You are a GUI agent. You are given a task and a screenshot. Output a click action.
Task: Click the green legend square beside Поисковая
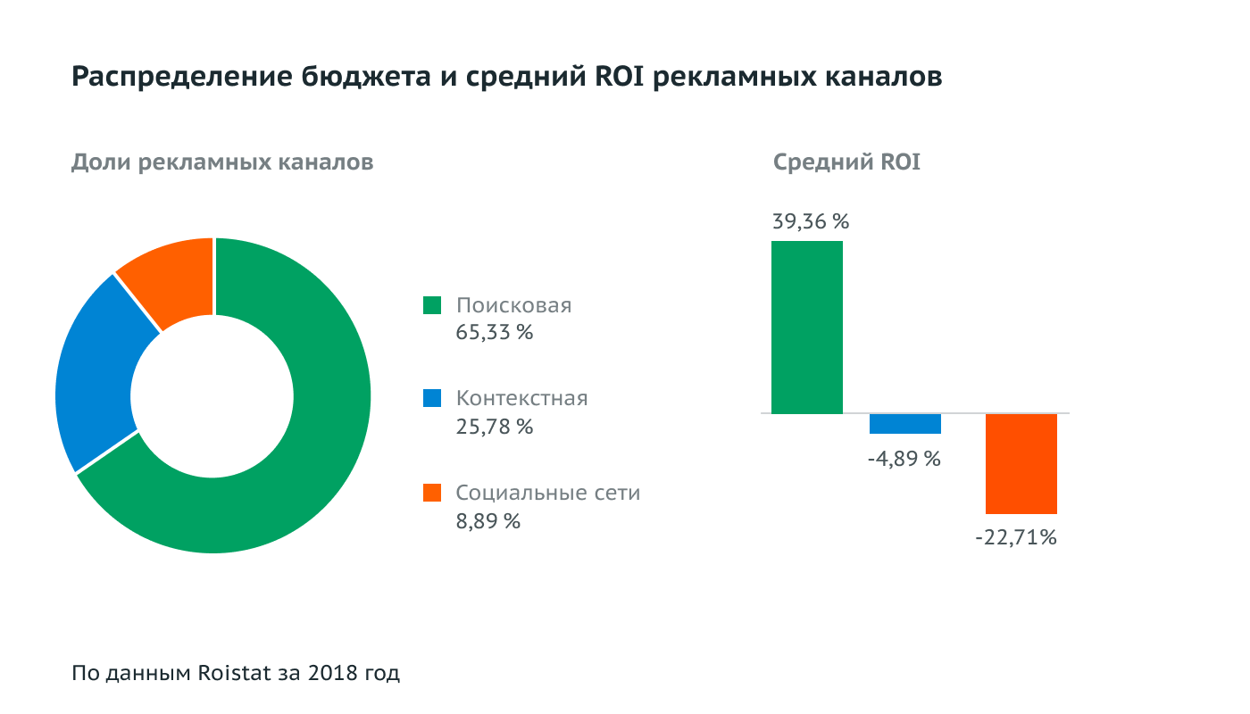tap(432, 305)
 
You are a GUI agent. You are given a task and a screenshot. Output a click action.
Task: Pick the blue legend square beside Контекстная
tap(432, 398)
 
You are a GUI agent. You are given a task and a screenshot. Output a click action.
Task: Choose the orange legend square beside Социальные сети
tap(432, 493)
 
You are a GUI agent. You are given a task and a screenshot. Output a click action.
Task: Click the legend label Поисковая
tap(513, 305)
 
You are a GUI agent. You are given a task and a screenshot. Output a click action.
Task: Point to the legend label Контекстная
tap(521, 398)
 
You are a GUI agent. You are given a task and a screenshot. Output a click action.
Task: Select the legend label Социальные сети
tap(547, 493)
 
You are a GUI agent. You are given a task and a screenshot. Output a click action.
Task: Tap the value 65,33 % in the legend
tap(494, 334)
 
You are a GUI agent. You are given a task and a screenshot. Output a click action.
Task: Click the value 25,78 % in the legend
tap(494, 427)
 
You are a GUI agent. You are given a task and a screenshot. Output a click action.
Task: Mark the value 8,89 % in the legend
tap(487, 521)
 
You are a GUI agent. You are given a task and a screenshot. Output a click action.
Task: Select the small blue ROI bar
tap(905, 424)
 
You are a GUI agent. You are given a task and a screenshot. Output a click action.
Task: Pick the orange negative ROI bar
tap(1021, 464)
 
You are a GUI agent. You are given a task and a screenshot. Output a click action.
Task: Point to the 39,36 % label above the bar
tap(810, 221)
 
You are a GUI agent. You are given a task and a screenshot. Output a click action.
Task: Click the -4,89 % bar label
tap(904, 459)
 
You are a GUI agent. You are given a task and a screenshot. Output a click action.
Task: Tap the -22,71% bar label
tap(1016, 537)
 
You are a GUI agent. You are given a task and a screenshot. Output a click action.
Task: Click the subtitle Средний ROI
tap(846, 162)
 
